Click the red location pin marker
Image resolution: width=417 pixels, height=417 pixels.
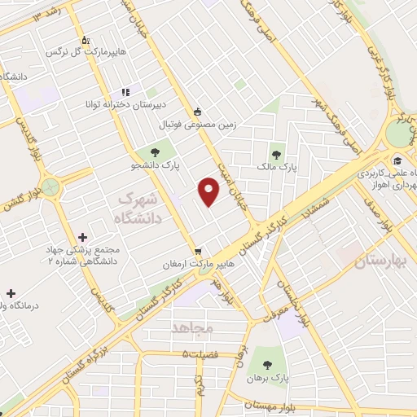tap(209, 192)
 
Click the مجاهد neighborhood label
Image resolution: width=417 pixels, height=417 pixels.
tap(192, 328)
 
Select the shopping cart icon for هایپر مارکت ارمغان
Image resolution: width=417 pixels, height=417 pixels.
tap(196, 251)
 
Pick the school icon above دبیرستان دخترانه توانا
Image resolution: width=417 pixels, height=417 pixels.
tap(125, 92)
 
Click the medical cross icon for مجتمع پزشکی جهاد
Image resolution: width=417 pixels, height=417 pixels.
tap(82, 236)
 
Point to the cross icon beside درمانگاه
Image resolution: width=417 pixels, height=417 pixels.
tap(10, 292)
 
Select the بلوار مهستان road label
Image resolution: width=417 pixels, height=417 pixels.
tap(274, 404)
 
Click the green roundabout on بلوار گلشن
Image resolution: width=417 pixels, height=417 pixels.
tap(51, 188)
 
